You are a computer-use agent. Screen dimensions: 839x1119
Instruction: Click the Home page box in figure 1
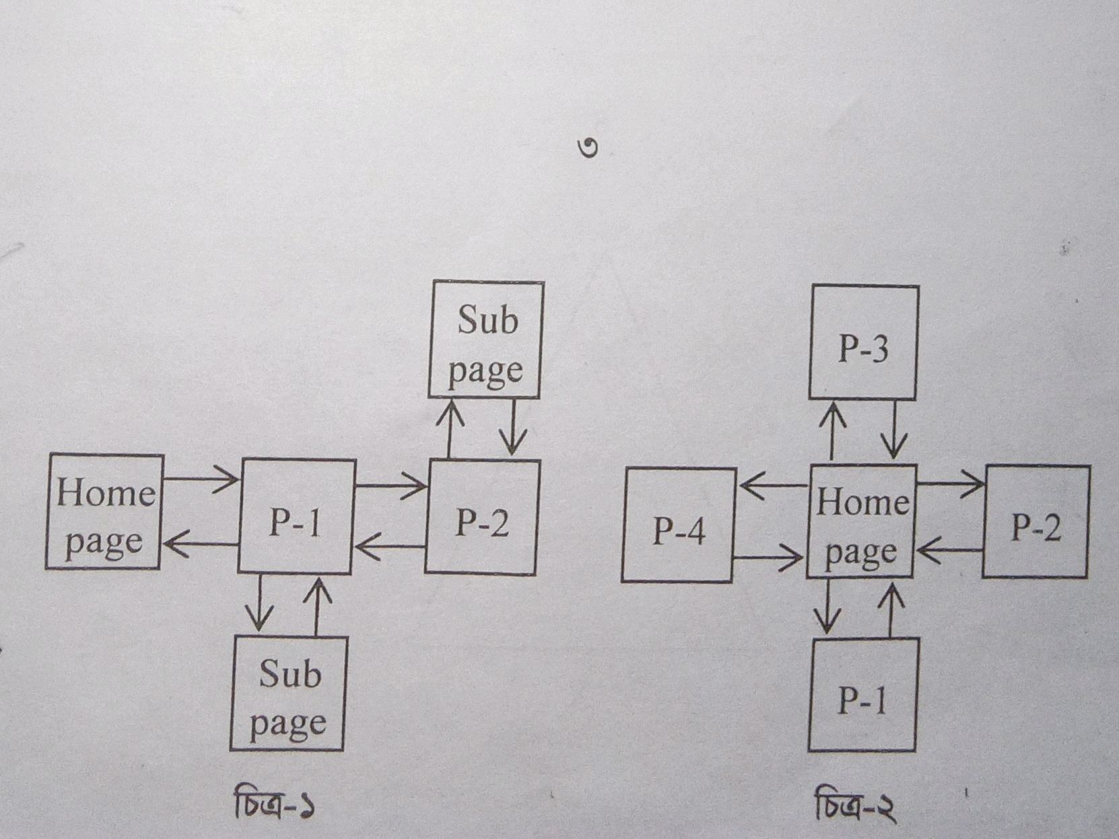pos(105,512)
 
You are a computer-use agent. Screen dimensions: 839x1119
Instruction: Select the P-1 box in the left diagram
pos(296,517)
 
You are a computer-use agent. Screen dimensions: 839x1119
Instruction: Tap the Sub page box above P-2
pos(485,341)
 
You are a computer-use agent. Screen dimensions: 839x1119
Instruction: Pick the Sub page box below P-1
pos(289,694)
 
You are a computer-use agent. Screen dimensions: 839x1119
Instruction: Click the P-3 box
pos(864,343)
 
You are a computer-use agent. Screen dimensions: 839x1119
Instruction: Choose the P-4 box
pos(678,525)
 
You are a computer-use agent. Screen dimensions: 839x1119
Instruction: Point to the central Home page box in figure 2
pos(861,522)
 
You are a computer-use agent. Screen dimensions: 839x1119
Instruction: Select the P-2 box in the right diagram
pos(1036,522)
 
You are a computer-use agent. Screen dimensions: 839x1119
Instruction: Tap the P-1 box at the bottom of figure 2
pos(862,695)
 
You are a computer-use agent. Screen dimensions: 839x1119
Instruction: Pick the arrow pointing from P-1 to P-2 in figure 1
pos(391,485)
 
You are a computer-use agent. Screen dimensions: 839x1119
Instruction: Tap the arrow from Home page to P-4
pos(774,485)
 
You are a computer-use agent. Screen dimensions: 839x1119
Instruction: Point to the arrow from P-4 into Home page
pos(768,558)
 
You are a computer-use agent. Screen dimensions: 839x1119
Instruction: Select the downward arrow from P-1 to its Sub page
pos(259,603)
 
